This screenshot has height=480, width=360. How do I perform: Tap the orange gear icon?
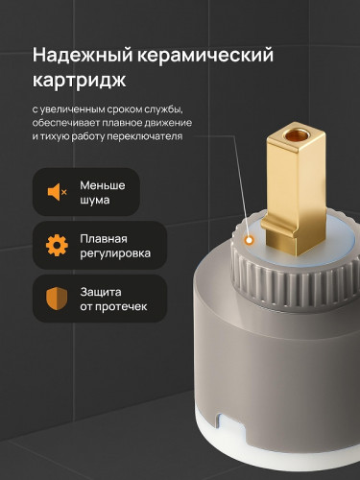(58, 246)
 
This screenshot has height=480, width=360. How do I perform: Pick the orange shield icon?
(58, 299)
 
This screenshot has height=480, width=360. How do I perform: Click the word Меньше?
(104, 184)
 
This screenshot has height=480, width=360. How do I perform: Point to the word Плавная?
(105, 237)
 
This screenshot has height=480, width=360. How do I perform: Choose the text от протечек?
(111, 308)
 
